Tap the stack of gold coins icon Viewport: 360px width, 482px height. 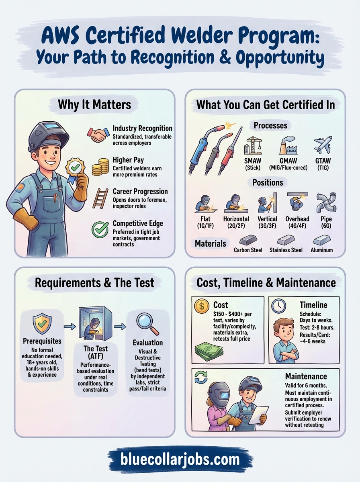(100, 166)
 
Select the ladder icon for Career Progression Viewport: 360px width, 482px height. (100, 198)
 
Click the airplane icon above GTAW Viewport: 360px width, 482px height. (323, 145)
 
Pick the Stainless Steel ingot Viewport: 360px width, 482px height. (285, 240)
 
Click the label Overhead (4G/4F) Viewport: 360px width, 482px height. (297, 223)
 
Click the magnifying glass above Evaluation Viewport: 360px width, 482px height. (147, 323)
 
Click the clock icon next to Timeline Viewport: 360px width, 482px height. (278, 306)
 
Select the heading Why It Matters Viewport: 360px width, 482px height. (94, 105)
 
